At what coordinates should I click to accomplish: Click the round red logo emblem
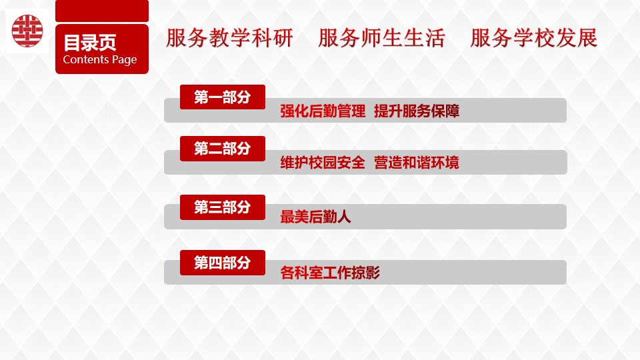click(27, 31)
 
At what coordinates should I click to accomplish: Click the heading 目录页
click(90, 43)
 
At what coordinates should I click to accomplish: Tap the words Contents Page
click(100, 59)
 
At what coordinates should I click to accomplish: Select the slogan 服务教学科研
click(229, 38)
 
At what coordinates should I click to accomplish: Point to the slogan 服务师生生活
click(381, 38)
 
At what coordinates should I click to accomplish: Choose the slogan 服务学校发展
click(533, 38)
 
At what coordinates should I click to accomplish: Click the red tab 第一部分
click(223, 97)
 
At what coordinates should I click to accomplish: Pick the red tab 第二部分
click(223, 149)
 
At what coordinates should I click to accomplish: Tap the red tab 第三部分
click(223, 207)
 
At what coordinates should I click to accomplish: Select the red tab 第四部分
click(223, 263)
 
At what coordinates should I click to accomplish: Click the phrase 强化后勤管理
click(323, 111)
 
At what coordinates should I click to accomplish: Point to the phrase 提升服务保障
click(417, 111)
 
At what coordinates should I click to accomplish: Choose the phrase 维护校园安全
click(323, 163)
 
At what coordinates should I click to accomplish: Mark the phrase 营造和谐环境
click(416, 163)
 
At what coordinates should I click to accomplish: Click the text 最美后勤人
click(315, 217)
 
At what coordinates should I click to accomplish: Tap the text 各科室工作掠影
click(330, 273)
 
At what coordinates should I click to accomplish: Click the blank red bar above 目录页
click(102, 11)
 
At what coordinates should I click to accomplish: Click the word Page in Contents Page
click(125, 60)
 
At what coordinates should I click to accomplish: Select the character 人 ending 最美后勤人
click(344, 217)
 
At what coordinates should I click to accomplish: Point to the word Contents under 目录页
click(86, 59)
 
